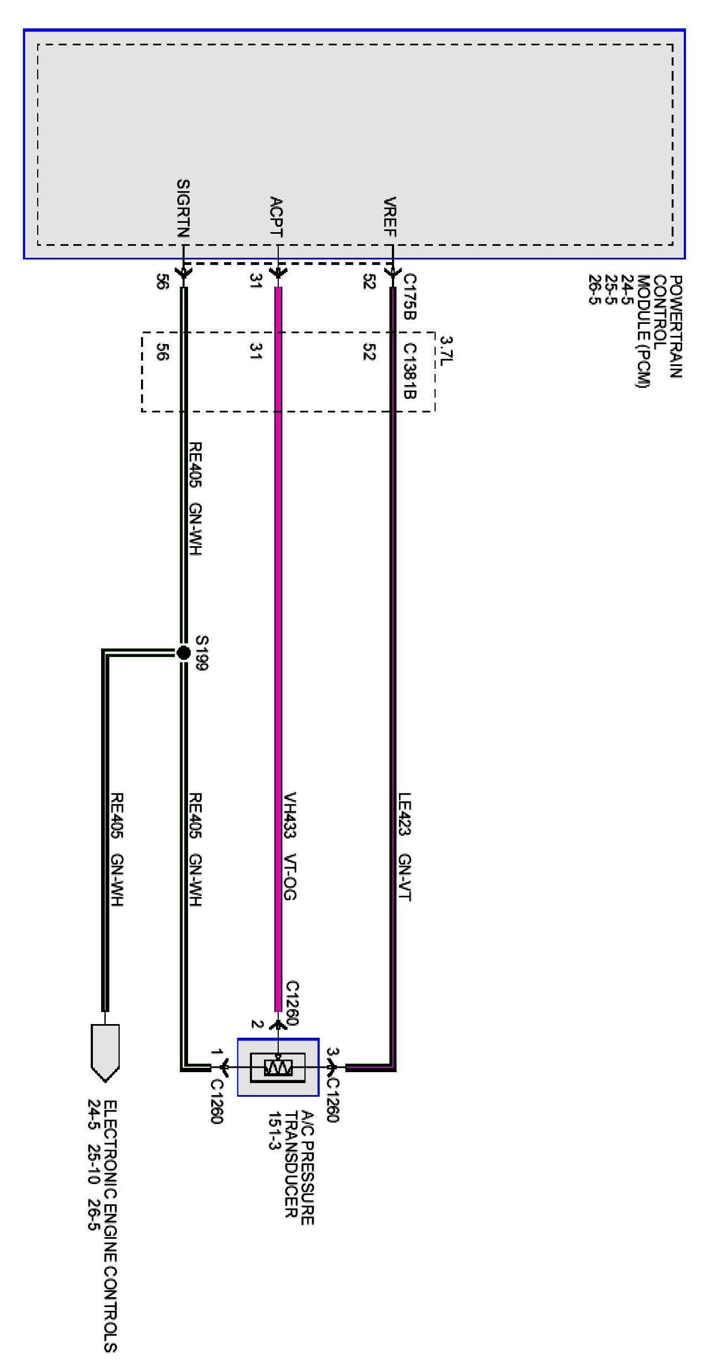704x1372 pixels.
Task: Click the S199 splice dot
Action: coord(184,652)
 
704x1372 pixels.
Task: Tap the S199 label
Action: coord(201,652)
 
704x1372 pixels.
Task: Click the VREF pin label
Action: coord(390,217)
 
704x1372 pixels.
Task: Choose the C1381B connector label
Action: coord(410,370)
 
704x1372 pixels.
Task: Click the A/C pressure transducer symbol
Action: coord(278,1067)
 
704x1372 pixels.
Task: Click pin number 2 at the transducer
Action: coord(256,1024)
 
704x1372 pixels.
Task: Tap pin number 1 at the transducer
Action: coord(217,1052)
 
